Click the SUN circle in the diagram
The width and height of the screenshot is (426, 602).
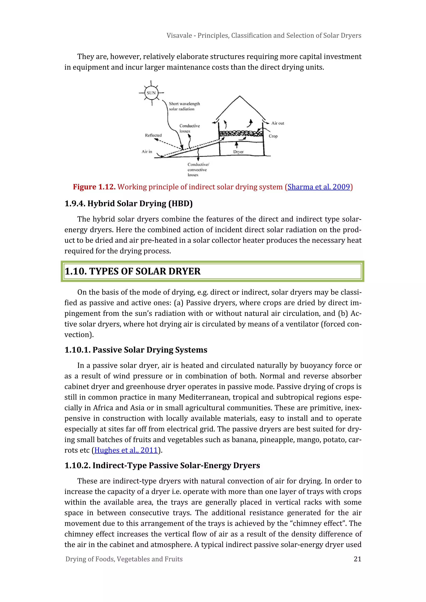(x=151, y=93)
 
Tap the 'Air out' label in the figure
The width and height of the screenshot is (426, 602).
(x=277, y=123)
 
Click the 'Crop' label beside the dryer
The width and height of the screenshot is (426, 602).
(x=273, y=136)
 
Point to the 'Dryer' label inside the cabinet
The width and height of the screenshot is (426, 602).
(x=238, y=152)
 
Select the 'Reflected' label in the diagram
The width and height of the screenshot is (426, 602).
(x=153, y=135)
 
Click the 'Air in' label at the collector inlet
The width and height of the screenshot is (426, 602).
(x=147, y=152)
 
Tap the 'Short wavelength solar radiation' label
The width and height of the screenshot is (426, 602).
(x=184, y=106)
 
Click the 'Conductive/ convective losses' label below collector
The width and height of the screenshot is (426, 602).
(x=198, y=169)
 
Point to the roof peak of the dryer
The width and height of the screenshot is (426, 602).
(x=239, y=96)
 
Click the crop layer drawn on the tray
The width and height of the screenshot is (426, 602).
(x=241, y=134)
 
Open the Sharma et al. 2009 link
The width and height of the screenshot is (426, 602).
(x=319, y=187)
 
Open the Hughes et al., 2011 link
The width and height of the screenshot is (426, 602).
(x=126, y=450)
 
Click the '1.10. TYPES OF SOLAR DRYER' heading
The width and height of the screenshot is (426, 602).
(x=133, y=271)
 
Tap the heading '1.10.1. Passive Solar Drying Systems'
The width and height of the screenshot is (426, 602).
(x=136, y=350)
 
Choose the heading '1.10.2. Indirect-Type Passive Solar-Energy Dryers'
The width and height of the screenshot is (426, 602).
(x=162, y=465)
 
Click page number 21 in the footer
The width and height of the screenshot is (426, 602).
(x=357, y=559)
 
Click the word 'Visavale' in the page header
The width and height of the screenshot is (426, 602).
(x=179, y=35)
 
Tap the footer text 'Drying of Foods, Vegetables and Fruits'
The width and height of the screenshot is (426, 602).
(x=124, y=559)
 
